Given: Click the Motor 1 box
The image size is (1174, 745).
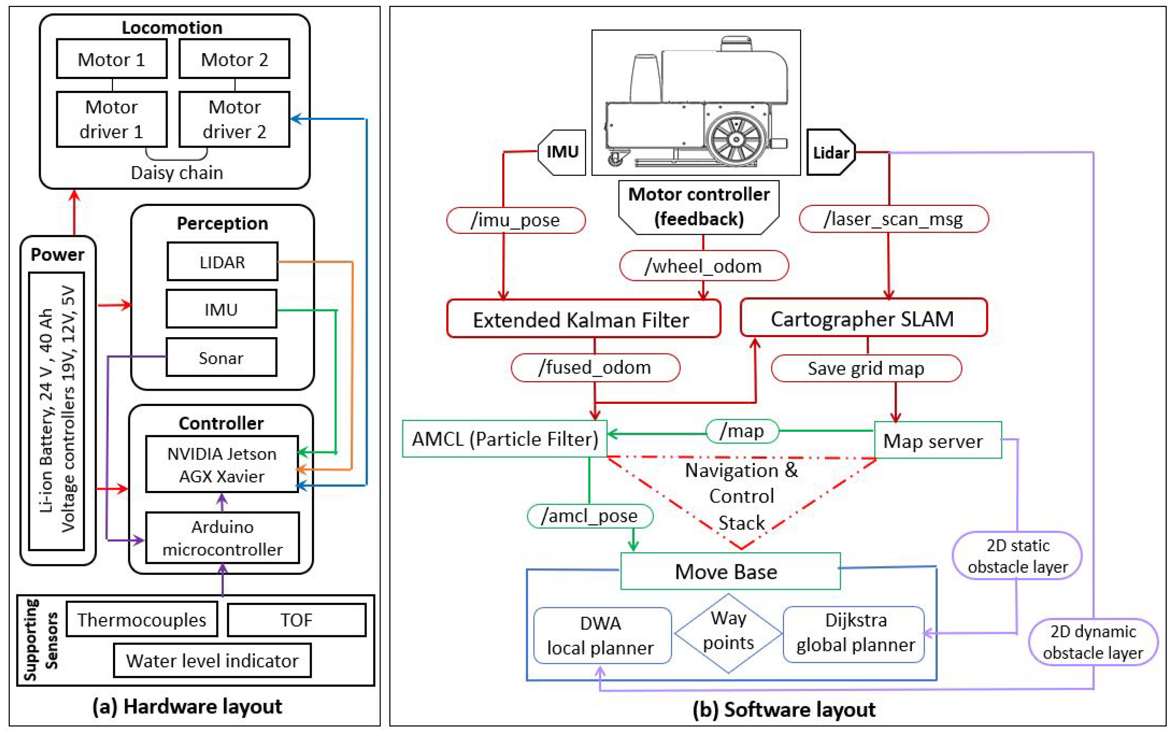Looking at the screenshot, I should click(112, 59).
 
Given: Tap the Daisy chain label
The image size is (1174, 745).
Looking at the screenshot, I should click(177, 173).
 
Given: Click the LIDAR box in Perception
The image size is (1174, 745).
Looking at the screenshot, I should click(222, 262).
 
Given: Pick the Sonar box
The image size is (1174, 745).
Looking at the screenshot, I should click(221, 358).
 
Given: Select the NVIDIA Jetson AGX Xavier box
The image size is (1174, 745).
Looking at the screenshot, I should click(222, 465).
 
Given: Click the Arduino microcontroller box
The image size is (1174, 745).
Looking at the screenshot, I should click(222, 538).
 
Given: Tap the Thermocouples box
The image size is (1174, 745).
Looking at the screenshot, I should click(142, 620).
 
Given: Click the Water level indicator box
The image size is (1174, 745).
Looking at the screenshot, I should click(212, 661).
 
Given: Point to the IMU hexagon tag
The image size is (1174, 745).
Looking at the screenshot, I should click(562, 152).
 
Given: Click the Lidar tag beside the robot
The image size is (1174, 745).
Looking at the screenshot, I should click(830, 153).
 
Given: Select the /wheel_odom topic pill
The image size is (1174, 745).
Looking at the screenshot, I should click(703, 266).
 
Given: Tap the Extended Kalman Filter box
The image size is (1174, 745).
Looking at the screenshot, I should click(583, 319).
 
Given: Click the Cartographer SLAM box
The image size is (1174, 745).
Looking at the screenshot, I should click(863, 319).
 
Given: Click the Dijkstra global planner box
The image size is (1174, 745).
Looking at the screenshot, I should click(855, 633).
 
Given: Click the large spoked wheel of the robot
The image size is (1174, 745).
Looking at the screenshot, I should click(735, 139).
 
